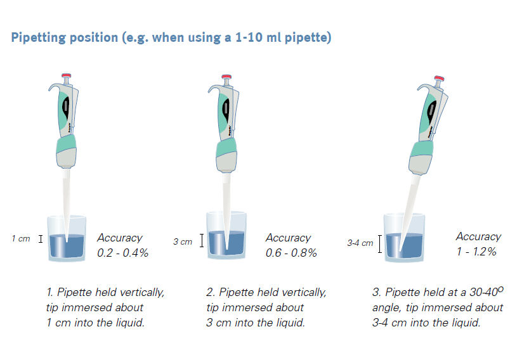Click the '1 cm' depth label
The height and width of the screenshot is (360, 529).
coord(21,239)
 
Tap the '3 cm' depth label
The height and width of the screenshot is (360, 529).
coord(183,241)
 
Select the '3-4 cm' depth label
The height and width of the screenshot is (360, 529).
coord(360,243)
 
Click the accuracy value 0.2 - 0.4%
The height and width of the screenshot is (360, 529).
coord(122,253)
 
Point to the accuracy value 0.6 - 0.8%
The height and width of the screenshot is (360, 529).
coord(291,253)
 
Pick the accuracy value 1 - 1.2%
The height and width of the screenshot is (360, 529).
coord(476,252)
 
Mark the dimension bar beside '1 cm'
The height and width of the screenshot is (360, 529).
coord(41,239)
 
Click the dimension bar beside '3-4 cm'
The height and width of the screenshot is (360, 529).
coord(379,243)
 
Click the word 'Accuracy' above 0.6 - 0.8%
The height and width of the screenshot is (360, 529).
coord(288,238)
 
